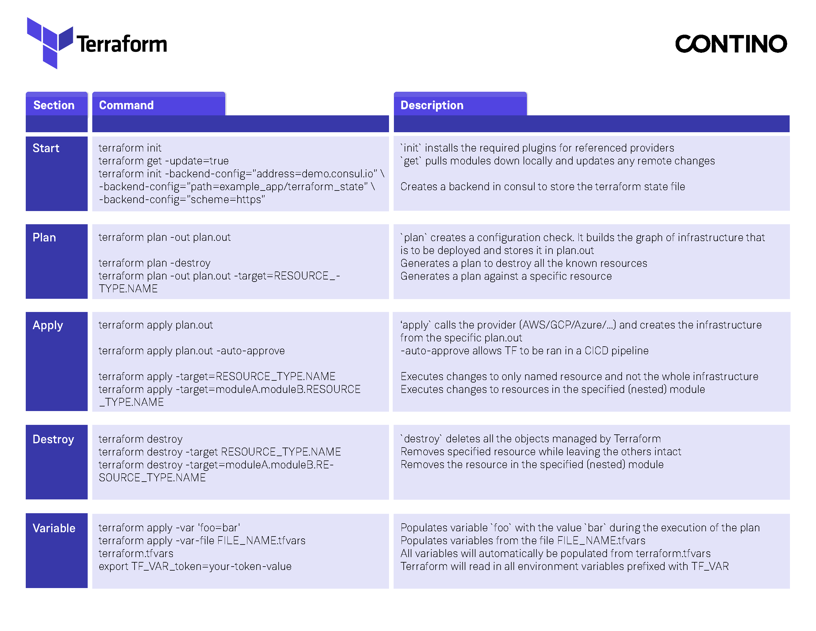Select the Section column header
tap(54, 105)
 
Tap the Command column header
tap(126, 105)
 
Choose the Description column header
tap(432, 105)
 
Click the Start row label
tap(46, 148)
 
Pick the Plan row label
tap(44, 237)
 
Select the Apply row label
tap(48, 325)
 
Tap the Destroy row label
tap(53, 439)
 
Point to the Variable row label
tap(54, 528)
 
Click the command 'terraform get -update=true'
tap(163, 161)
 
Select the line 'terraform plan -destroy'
tap(154, 263)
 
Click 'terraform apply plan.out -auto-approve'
tap(191, 351)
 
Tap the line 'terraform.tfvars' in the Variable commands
tap(136, 553)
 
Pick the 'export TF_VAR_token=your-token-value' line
tap(195, 566)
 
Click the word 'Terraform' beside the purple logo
tap(122, 44)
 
